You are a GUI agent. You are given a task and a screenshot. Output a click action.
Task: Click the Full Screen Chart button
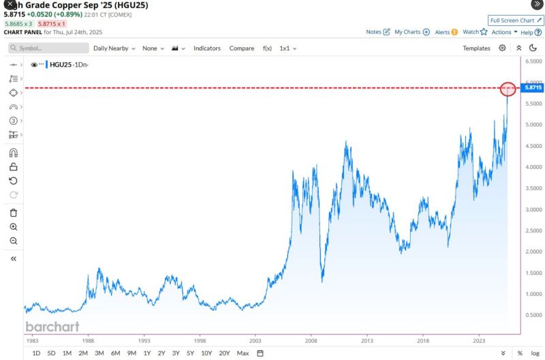pyautogui.click(x=516, y=20)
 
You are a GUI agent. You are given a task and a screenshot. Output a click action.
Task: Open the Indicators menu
pyautogui.click(x=207, y=48)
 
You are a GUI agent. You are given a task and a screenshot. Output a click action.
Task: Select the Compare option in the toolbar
pyautogui.click(x=242, y=48)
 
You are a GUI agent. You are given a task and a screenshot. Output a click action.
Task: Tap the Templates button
pyautogui.click(x=476, y=48)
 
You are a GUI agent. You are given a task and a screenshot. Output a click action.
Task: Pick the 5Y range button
pyautogui.click(x=189, y=352)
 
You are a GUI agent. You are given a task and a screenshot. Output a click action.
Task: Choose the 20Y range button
pyautogui.click(x=224, y=352)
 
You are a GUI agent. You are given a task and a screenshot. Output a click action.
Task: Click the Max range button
pyautogui.click(x=243, y=352)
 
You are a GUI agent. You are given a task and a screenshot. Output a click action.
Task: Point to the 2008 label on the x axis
pyautogui.click(x=311, y=339)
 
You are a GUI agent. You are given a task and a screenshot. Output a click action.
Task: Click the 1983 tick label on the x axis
pyautogui.click(x=32, y=339)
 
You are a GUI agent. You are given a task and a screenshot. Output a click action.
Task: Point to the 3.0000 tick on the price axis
pyautogui.click(x=533, y=209)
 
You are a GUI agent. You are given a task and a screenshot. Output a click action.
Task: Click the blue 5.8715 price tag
pyautogui.click(x=533, y=88)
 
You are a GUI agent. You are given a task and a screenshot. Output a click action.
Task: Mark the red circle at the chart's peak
pyautogui.click(x=508, y=89)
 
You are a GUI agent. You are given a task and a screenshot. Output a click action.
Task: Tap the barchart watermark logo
pyautogui.click(x=52, y=327)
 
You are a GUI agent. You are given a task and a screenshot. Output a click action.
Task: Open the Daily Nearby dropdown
pyautogui.click(x=114, y=48)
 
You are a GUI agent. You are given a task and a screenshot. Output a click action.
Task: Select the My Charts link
pyautogui.click(x=411, y=32)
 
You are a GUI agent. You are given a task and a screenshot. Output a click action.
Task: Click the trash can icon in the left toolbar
pyautogui.click(x=13, y=212)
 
